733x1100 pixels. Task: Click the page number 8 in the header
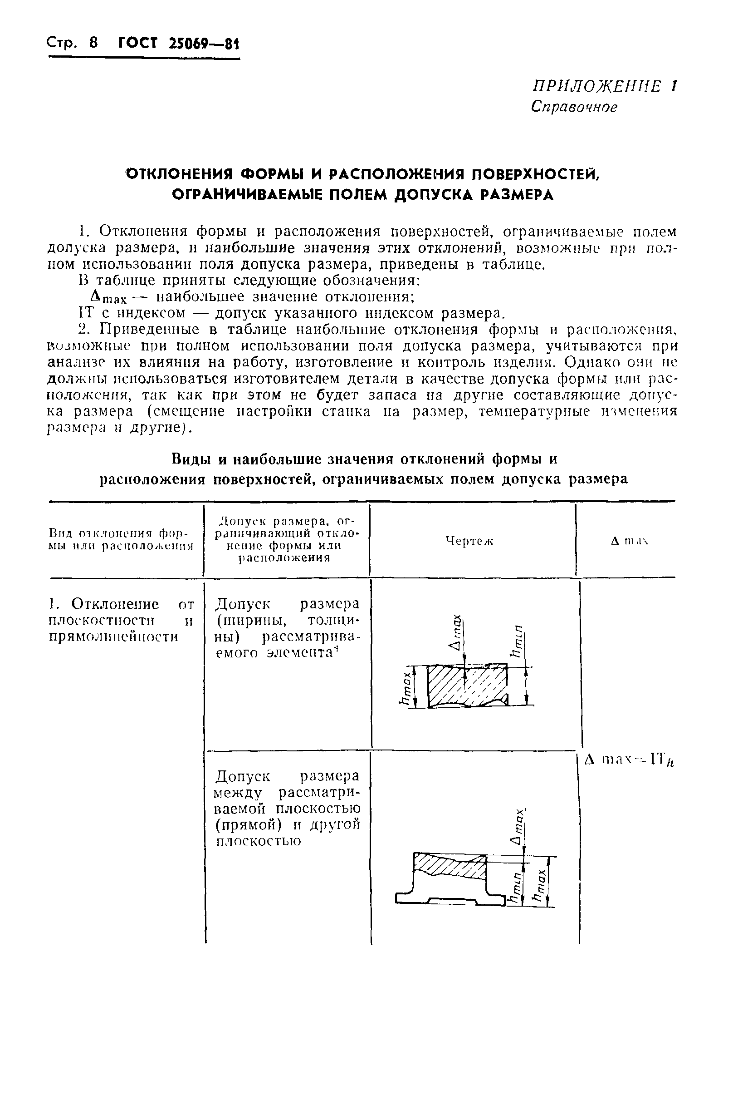[93, 43]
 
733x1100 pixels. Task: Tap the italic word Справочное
[574, 107]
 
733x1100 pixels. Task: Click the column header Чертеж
[469, 541]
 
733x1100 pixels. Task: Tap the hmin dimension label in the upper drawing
[518, 641]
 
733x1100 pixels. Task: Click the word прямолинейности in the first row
[113, 637]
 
